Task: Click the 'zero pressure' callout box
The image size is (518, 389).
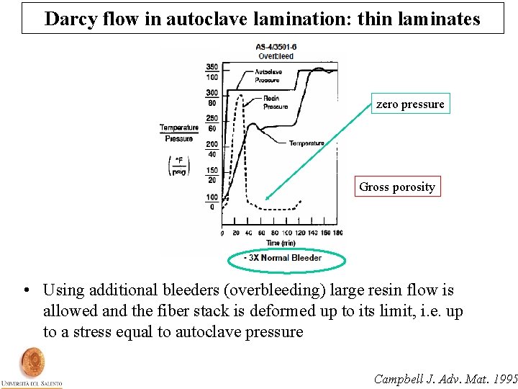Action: [410, 104]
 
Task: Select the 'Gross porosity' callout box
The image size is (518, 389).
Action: [397, 187]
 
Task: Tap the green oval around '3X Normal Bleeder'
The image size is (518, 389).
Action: [286, 259]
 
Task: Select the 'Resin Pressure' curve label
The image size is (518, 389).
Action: [275, 102]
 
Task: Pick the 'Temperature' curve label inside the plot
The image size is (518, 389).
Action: [306, 143]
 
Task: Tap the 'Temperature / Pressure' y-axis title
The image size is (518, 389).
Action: [178, 133]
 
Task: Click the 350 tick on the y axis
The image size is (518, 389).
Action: [212, 67]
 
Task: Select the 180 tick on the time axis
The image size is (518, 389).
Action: [337, 233]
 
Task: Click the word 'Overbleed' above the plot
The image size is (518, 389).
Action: [276, 56]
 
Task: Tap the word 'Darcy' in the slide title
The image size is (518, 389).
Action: [69, 19]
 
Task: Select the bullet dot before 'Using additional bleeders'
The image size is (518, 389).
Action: [26, 291]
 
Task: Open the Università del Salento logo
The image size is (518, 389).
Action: [32, 367]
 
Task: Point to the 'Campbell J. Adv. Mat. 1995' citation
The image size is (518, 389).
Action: [446, 378]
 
